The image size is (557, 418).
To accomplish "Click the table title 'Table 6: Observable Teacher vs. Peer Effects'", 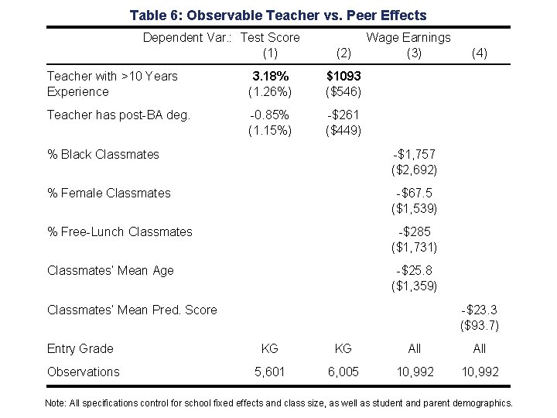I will [278, 15].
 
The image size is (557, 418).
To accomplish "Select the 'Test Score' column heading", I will [270, 37].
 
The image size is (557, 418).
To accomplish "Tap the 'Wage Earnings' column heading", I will [408, 37].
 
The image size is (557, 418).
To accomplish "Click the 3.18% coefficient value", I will [270, 76].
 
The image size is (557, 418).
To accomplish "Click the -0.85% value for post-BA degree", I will [270, 115].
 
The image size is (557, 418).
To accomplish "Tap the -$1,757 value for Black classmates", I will [415, 154].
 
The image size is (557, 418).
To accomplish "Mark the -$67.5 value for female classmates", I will [415, 193].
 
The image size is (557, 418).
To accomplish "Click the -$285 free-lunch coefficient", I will [415, 231].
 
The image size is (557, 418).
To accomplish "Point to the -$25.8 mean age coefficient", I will [415, 270].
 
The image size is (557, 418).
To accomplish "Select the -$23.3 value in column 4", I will [480, 310].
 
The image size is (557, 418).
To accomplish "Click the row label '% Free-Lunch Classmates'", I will [120, 231].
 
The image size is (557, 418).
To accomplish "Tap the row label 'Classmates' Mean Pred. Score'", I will [132, 310].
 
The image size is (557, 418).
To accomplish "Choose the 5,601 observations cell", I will [270, 372].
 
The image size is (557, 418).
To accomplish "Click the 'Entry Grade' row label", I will [80, 348].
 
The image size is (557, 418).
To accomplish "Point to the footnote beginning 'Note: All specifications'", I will [278, 403].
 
